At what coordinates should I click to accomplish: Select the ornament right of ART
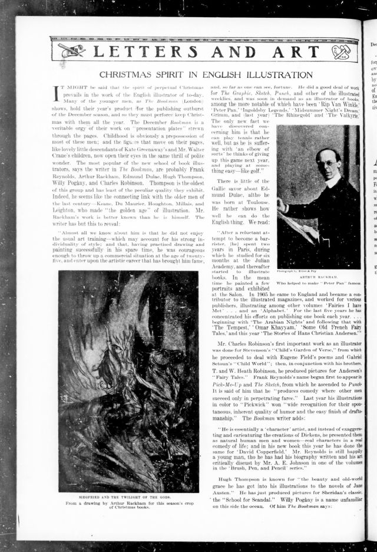345,51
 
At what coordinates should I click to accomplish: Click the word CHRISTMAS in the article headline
125,75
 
